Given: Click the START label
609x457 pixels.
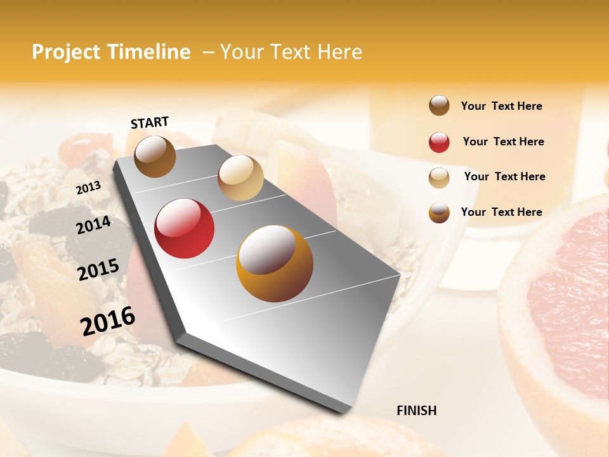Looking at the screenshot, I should tap(150, 123).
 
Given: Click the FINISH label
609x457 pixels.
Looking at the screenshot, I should tap(416, 411).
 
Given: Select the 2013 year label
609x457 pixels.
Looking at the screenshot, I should tap(88, 188).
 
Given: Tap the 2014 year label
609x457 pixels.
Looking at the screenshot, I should tap(93, 225).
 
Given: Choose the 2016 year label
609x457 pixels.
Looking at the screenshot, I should tap(108, 321).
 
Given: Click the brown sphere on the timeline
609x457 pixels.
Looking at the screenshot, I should tap(155, 156).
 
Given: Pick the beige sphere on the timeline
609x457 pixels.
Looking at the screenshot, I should tap(240, 178).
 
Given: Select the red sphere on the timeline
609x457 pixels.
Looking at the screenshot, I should tap(185, 228).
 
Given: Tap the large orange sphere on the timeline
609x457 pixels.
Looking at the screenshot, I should tap(274, 263).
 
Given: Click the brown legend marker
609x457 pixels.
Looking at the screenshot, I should tap(439, 105).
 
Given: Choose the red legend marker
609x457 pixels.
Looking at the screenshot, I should tap(439, 142).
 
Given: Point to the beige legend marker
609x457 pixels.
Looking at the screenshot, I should tap(439, 177).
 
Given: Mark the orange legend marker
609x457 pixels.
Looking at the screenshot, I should tap(439, 213).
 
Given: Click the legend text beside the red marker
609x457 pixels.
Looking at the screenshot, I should tap(503, 142).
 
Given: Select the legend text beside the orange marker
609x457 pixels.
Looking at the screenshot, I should tap(501, 212).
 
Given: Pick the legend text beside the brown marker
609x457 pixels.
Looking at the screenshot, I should tap(501, 106).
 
